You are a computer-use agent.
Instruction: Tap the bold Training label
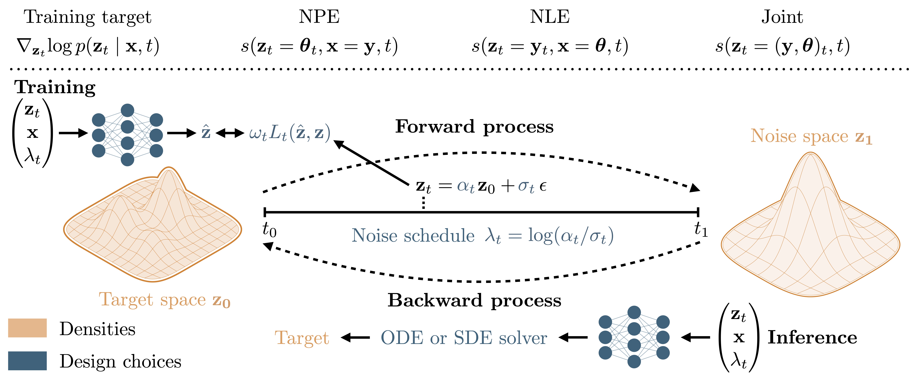click(x=55, y=87)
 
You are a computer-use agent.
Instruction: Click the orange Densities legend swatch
click(x=27, y=328)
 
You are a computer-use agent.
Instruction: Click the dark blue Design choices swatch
click(x=27, y=361)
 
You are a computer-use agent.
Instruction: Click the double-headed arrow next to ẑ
click(x=230, y=133)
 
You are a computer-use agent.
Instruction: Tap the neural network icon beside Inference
click(x=634, y=337)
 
